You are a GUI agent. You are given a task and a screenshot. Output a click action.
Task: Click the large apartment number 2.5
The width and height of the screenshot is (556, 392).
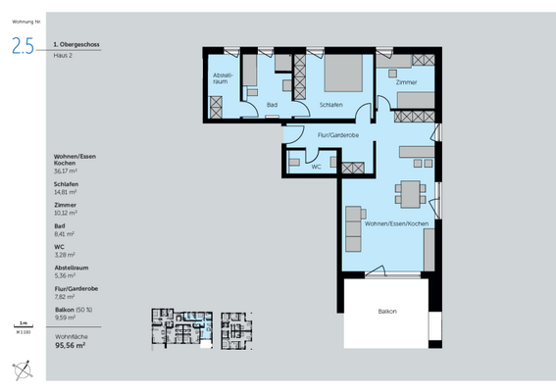pos(24,45)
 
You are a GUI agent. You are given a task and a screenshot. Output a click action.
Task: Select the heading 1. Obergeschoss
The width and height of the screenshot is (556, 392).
pos(76,44)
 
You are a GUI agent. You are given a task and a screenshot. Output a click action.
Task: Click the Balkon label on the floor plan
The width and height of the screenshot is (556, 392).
pos(387,311)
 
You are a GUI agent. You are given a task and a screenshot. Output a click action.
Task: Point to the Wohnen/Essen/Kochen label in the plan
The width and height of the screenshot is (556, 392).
pos(396,224)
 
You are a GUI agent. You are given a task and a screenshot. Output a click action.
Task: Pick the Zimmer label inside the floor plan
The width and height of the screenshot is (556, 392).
pos(406,83)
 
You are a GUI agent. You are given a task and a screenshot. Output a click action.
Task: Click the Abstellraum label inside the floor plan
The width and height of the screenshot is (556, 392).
pos(221,78)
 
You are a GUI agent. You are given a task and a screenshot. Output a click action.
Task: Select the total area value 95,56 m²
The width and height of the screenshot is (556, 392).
pos(71,345)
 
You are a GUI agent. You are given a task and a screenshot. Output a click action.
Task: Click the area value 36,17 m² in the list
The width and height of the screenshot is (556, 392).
pos(67,171)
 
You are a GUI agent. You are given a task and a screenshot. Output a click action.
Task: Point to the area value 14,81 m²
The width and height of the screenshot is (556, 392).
pos(67,193)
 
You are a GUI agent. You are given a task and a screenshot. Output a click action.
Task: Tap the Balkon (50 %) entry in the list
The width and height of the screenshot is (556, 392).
pos(73,310)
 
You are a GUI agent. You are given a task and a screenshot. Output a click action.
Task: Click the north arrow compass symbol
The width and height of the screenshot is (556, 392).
pos(25,369)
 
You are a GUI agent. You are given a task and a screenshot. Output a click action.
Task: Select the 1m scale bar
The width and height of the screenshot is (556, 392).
pos(23,326)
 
